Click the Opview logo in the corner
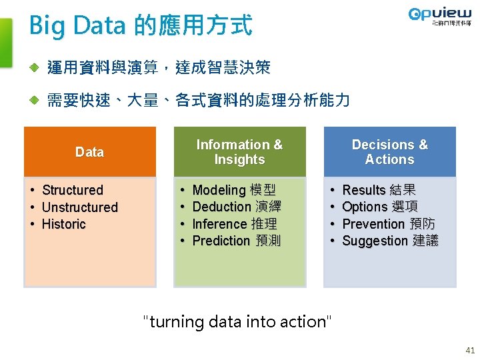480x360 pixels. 439,18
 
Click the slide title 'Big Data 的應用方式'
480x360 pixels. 141,25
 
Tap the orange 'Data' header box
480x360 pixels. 89,152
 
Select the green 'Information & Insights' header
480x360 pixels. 239,152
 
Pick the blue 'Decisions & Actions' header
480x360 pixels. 389,152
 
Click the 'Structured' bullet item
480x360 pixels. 72,190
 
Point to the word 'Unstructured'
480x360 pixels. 79,207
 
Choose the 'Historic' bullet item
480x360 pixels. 63,224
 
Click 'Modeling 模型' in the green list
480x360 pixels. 233,190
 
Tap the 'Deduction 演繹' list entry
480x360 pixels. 236,207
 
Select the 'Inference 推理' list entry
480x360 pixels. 234,224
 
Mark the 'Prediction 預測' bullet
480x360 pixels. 236,241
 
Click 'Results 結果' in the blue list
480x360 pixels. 379,190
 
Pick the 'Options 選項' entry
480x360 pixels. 380,207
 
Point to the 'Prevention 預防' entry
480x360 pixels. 388,224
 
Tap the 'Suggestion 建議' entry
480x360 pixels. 390,241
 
